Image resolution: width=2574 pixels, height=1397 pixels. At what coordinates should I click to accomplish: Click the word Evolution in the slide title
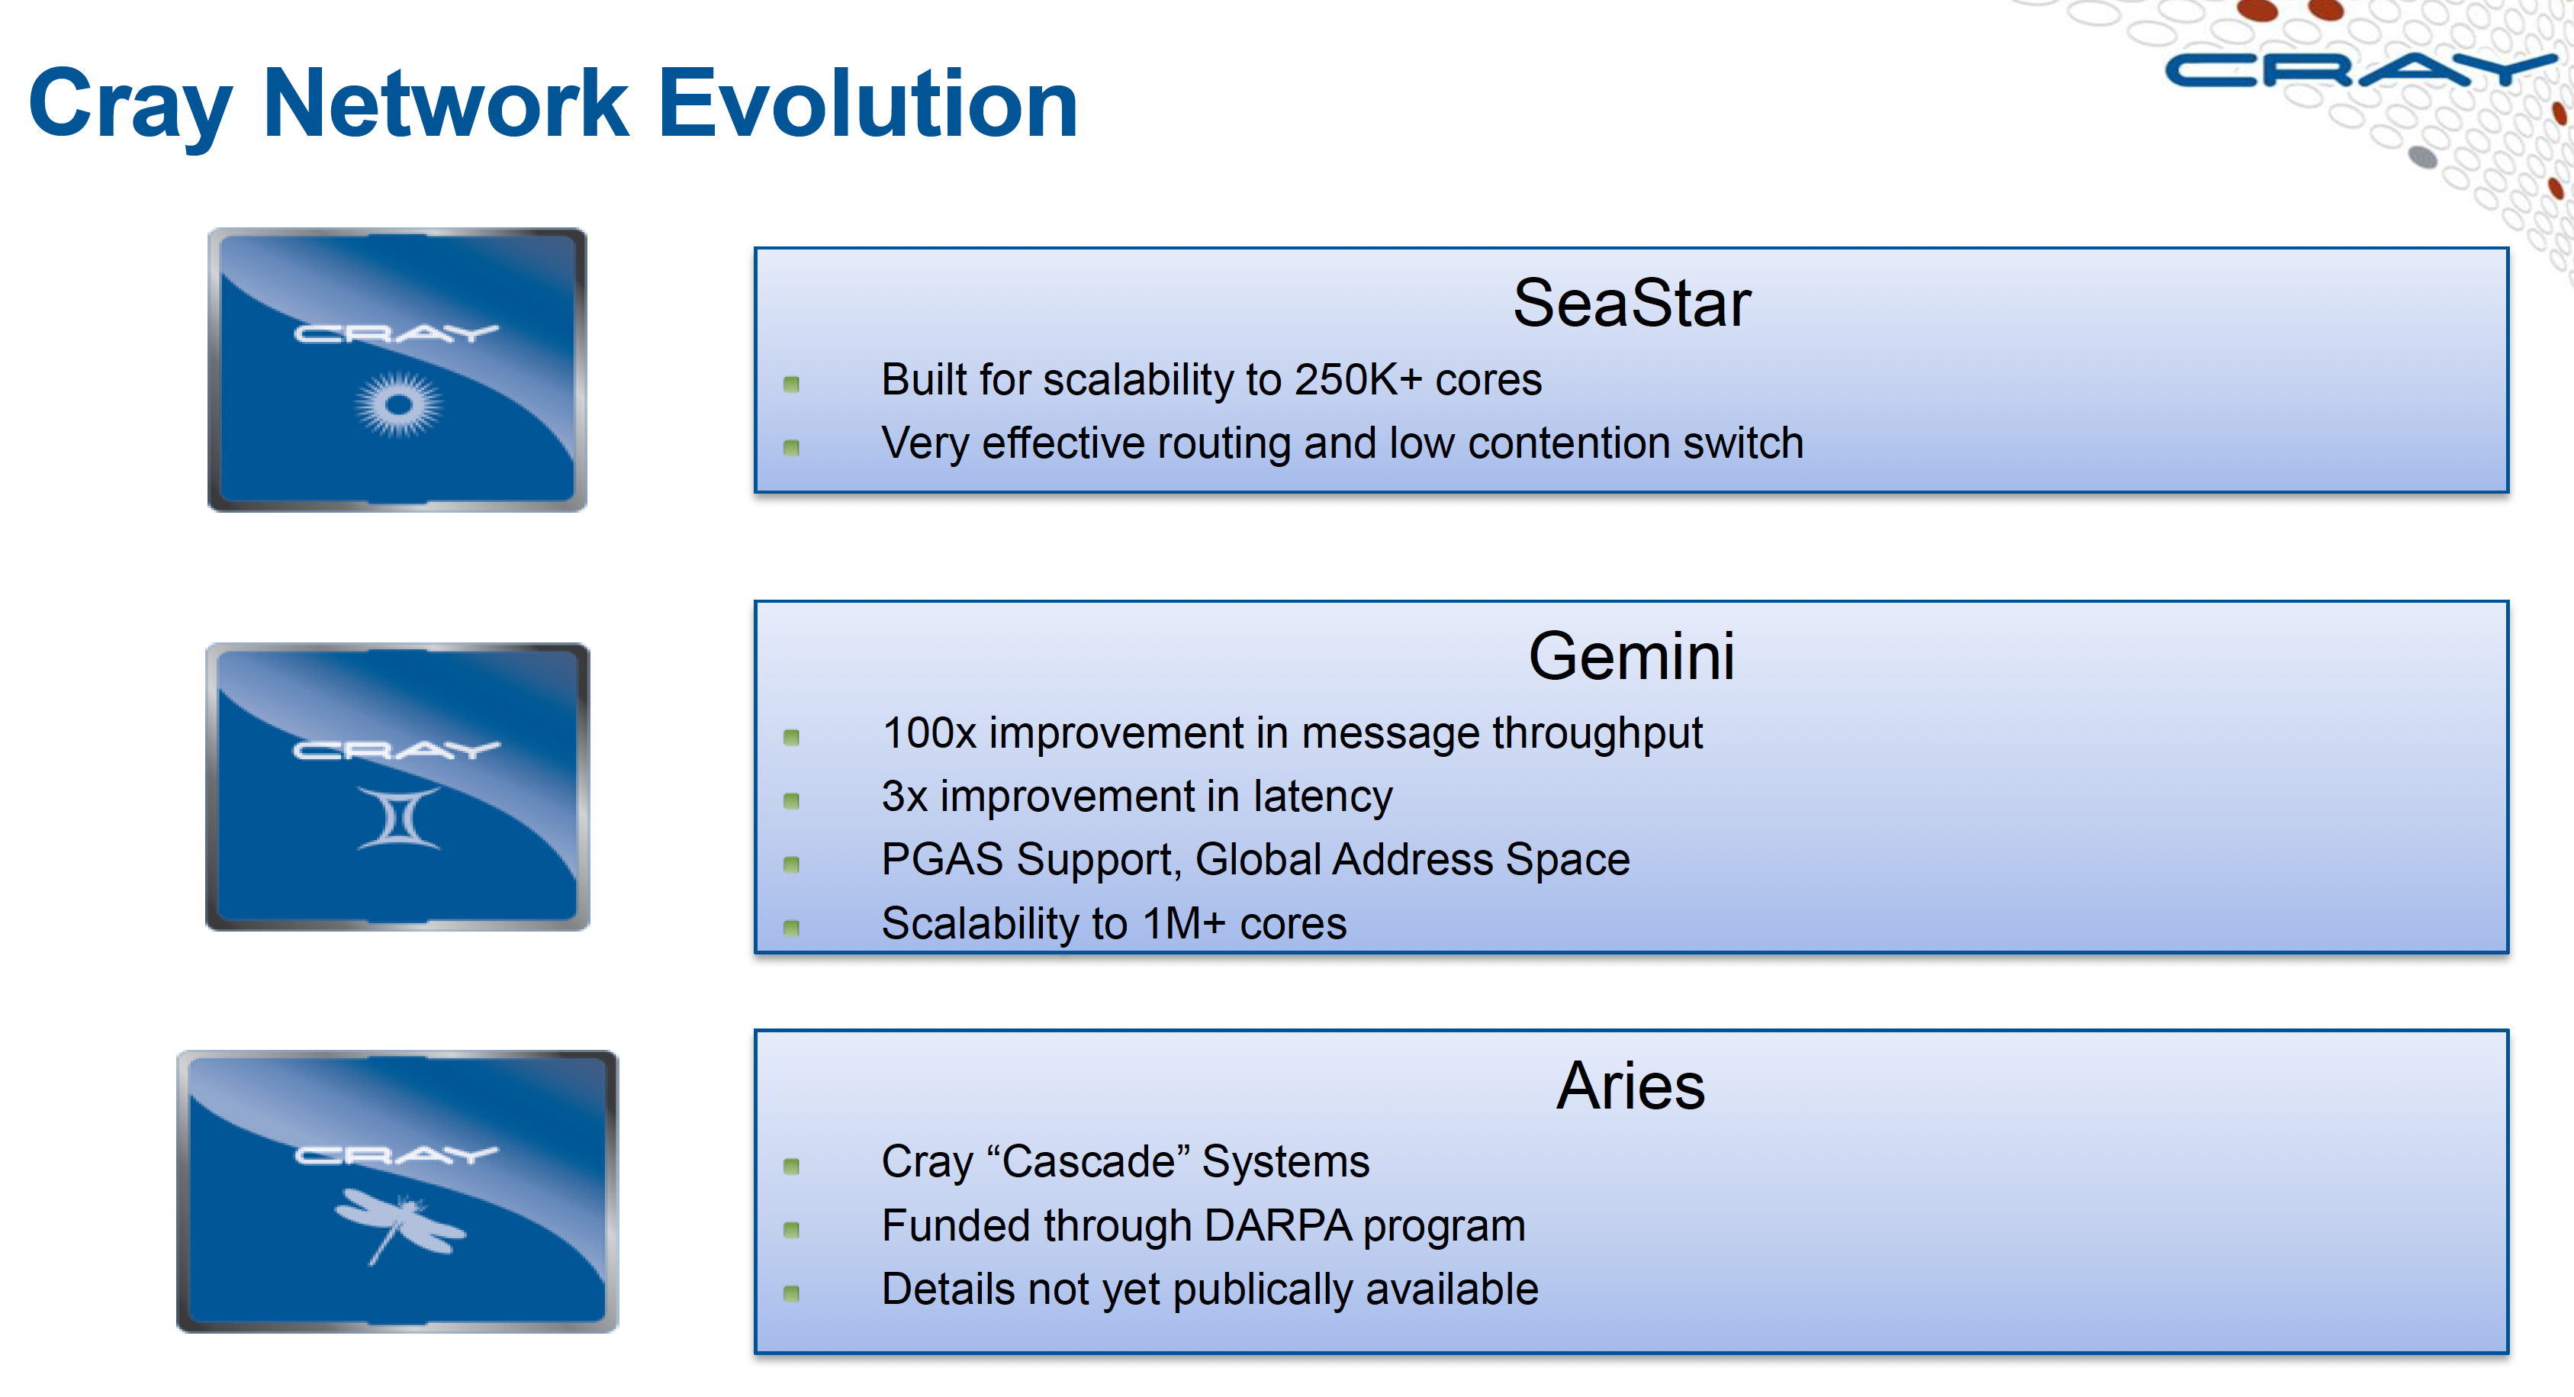point(867,104)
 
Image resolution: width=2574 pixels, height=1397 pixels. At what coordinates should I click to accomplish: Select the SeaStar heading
point(1631,303)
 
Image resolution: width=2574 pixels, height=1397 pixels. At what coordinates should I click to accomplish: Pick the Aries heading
point(1631,1086)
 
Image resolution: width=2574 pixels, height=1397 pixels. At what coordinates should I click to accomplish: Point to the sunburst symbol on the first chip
point(399,404)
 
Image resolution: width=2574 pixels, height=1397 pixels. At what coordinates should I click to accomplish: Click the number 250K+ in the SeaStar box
point(1357,381)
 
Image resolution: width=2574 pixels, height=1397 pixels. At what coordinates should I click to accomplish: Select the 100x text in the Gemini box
point(928,733)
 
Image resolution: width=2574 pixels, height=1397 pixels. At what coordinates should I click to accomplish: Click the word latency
point(1322,797)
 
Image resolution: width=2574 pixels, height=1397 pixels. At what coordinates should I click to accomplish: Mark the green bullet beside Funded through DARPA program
point(791,1230)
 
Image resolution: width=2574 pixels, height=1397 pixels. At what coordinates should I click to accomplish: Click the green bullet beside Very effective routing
point(791,448)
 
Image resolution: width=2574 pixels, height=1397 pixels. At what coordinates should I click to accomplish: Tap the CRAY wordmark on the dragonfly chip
point(397,1155)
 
